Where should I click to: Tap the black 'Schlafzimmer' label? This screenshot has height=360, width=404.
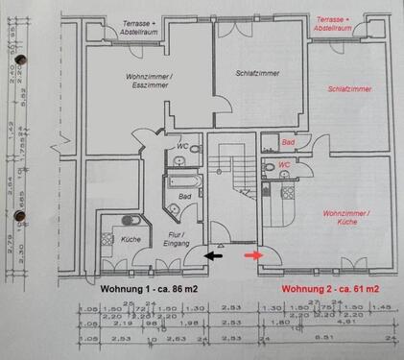[x=255, y=73]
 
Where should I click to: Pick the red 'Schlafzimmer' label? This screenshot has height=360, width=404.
[x=348, y=88]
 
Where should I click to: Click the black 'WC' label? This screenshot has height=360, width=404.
[x=182, y=146]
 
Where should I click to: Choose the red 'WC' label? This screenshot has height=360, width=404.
[x=284, y=165]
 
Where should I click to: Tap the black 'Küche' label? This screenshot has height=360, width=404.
[x=131, y=239]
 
